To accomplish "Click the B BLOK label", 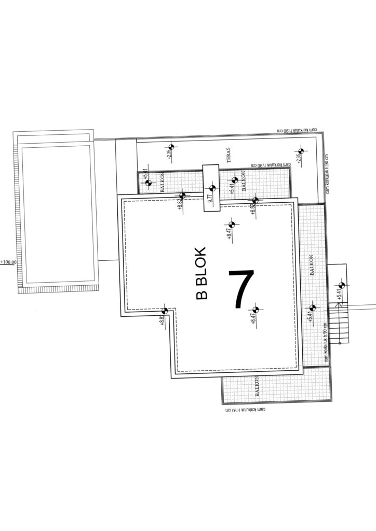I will pos(202,273).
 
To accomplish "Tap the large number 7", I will pos(241,288).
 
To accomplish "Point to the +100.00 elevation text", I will pos(9,262).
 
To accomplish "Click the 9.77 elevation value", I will pos(210,198).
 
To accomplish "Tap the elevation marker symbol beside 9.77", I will pos(211,189).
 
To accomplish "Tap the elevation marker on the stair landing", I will pos(342,285).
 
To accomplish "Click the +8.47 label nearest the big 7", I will pos(253,316).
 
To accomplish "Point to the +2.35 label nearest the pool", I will pos(169,154).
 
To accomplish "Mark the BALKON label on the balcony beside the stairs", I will pos(312,264).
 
